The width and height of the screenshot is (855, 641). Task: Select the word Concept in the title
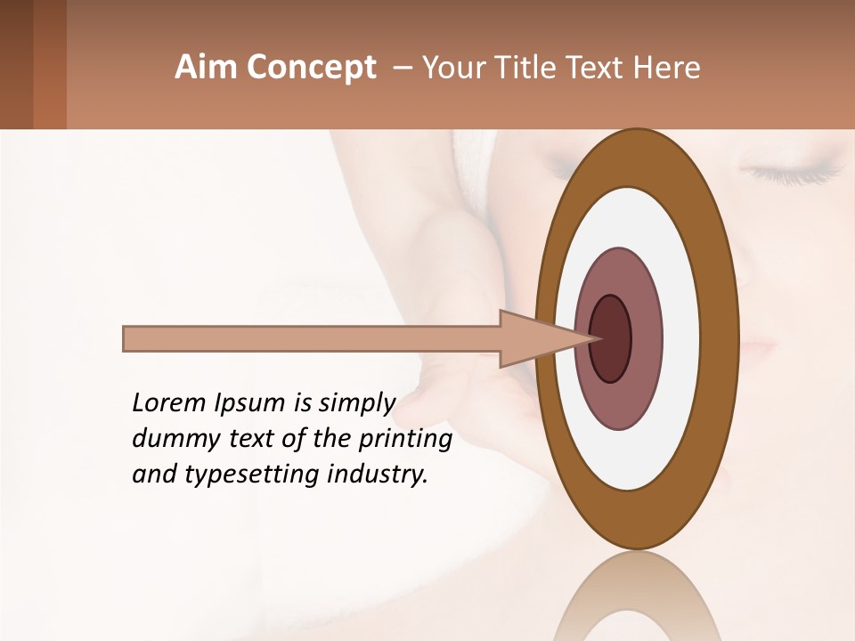click(312, 68)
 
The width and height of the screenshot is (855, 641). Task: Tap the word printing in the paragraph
click(404, 440)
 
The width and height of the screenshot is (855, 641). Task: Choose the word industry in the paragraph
click(378, 475)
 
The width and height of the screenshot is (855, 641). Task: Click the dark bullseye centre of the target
click(611, 339)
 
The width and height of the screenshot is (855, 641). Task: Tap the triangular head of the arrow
click(534, 339)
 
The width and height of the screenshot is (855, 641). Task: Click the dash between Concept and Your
click(401, 69)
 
